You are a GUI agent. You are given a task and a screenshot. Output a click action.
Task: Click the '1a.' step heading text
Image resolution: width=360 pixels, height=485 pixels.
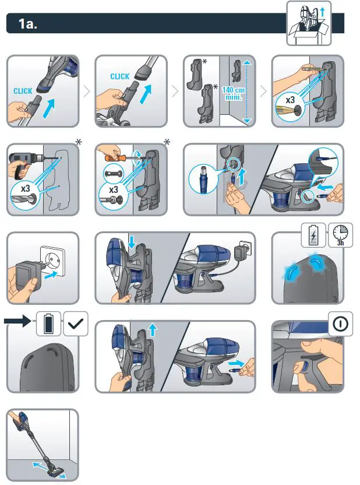[28, 23]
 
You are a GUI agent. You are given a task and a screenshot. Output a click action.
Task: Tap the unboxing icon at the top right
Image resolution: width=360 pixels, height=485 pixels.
[309, 23]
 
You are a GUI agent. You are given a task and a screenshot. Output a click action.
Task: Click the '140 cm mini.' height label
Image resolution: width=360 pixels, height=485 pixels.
[234, 93]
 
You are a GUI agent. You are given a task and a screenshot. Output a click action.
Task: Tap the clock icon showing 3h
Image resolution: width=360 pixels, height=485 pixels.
[340, 234]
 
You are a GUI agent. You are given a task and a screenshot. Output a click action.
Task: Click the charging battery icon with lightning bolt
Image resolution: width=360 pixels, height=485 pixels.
[313, 235]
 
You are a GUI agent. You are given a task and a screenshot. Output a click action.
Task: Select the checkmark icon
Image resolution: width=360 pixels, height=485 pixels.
[76, 324]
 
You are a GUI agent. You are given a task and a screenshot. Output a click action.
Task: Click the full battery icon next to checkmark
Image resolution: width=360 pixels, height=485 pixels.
[48, 324]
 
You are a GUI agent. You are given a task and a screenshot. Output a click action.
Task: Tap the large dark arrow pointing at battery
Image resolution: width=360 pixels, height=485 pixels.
[17, 321]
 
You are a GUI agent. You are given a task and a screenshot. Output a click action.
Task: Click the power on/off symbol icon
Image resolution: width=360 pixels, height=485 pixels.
[340, 324]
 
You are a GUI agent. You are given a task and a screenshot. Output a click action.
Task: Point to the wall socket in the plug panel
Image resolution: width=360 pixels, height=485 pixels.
[53, 261]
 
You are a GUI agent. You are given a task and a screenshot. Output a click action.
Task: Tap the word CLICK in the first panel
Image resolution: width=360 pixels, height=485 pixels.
[23, 91]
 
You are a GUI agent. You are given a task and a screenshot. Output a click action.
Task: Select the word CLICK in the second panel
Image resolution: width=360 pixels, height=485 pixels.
[119, 76]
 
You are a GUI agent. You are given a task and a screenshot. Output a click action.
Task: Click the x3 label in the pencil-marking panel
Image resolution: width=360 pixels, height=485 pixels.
[290, 100]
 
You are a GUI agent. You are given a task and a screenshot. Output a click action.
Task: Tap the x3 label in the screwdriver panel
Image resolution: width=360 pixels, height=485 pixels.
[114, 189]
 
